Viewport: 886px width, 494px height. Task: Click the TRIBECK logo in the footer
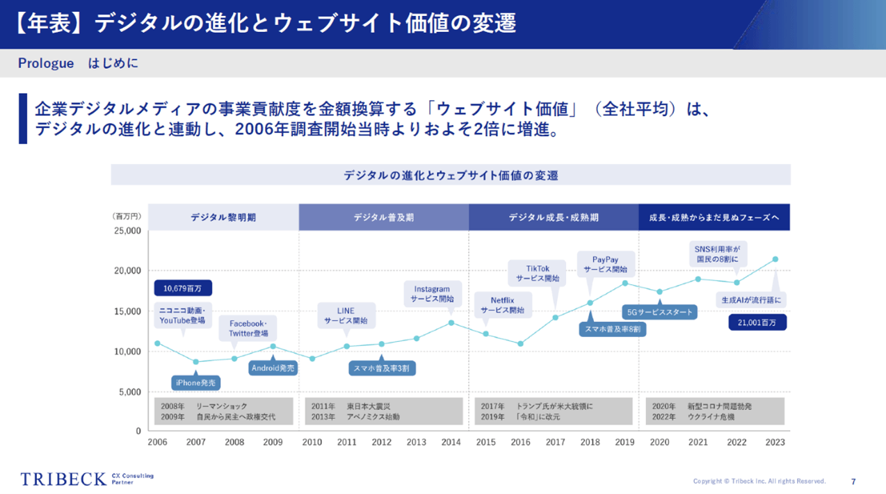coord(64,479)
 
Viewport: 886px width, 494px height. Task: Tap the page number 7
coord(853,481)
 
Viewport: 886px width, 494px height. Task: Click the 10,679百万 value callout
coord(182,288)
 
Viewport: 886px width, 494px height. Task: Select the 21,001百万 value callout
coord(757,322)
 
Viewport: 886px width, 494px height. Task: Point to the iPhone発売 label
coord(195,382)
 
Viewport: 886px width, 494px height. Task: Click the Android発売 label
coord(273,368)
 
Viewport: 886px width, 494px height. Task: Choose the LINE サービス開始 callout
coord(346,315)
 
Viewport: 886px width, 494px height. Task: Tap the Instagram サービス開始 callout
coord(432,294)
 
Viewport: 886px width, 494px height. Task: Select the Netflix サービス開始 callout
coord(501,306)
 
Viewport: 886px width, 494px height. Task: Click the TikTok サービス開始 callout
coord(538,274)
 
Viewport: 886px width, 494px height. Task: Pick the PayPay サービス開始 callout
coord(605,264)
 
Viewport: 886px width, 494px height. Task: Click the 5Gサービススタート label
coord(659,312)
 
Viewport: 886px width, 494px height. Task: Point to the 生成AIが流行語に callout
coord(752,301)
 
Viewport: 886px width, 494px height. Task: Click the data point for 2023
coord(775,259)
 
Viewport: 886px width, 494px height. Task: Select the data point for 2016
coord(520,344)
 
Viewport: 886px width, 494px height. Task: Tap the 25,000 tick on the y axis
coord(127,231)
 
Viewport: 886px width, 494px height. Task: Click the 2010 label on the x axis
coord(312,443)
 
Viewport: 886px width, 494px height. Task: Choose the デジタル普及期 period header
coord(383,217)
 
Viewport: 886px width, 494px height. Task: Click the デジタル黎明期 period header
coord(223,217)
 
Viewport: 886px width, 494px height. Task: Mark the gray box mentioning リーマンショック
coord(223,411)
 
